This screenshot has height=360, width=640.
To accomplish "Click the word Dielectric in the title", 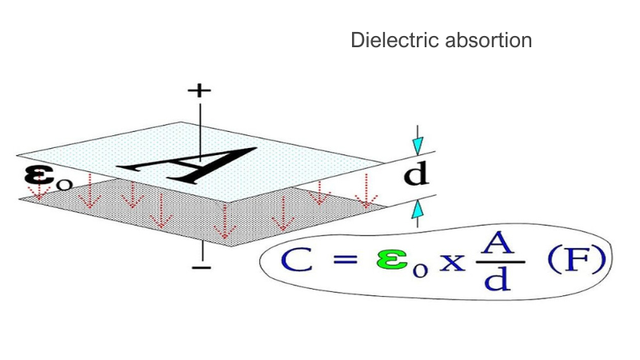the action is pos(394,40).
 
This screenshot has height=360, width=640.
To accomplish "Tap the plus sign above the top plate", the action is pos(199,90).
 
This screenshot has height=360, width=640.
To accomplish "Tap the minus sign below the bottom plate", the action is pos(202,268).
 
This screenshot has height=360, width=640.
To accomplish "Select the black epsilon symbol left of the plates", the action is pos(39,175).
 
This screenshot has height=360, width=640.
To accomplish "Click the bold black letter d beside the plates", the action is pos(416,174).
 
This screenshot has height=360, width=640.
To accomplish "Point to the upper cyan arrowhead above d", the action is pos(418,146).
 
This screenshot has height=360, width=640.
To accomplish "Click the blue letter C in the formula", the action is pos(297,259).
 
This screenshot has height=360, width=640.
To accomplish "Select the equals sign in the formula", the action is pos(346,259).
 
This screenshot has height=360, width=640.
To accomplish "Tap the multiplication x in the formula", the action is pos(452,262).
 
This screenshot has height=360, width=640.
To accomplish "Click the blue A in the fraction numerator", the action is pos(497,243).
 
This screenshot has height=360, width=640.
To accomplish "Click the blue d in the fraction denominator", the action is pos(498,279).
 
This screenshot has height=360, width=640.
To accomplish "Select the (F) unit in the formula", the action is pos(577,260).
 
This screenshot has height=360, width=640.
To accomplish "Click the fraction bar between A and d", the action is pos(500,262).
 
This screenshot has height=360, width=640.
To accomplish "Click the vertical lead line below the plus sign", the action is pos(200,130).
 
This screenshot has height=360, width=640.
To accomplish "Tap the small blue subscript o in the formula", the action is pos(420,271).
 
